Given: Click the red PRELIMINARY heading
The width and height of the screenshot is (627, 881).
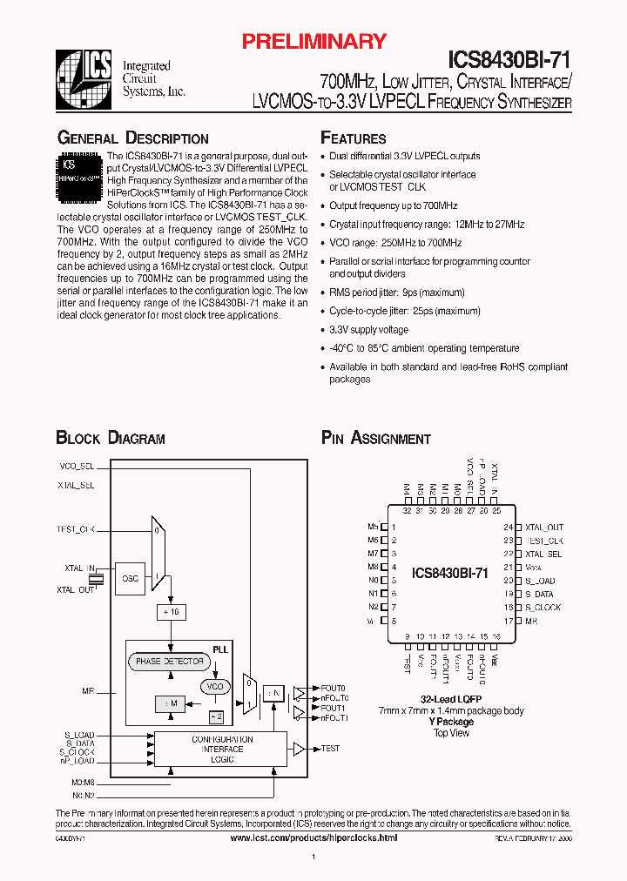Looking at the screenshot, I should click(313, 41).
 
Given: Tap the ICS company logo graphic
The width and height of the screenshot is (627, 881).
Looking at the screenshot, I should click(84, 77).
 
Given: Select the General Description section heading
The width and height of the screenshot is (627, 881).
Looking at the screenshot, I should click(132, 138).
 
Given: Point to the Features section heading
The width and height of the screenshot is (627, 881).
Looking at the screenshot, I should click(354, 138).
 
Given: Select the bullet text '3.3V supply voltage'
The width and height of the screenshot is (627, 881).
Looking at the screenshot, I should click(368, 330).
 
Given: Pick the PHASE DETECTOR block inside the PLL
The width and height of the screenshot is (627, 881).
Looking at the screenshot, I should click(170, 662).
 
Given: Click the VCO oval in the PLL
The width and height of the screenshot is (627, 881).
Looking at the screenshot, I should click(214, 687).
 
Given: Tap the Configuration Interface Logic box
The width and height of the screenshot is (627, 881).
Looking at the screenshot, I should click(222, 749).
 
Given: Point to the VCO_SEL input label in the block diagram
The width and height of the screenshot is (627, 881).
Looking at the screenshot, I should click(76, 466).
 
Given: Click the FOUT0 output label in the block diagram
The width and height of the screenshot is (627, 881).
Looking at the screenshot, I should click(333, 688).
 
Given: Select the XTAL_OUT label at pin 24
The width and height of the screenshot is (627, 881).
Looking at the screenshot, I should click(544, 528).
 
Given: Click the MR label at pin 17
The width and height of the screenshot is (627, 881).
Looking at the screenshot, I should click(531, 621).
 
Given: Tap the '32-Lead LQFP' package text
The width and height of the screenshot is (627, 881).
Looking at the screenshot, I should click(451, 700).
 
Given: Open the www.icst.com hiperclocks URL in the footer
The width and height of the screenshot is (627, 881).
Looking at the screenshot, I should click(313, 837).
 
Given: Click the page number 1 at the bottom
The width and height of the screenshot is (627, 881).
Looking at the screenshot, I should click(313, 858).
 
